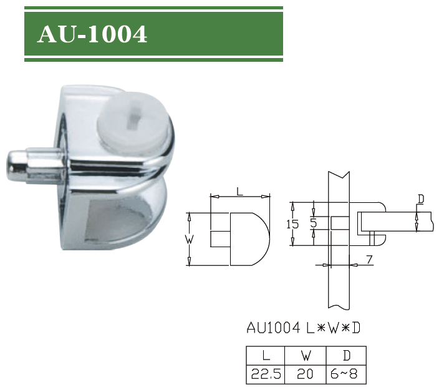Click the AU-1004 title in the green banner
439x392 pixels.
[x=92, y=35]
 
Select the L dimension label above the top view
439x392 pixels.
[x=239, y=191]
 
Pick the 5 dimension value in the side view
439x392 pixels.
[x=314, y=222]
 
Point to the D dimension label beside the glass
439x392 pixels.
[x=421, y=199]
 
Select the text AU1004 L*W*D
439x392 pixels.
[x=303, y=326]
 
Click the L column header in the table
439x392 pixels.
[x=266, y=356]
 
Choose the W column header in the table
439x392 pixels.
[x=306, y=356]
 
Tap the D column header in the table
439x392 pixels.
[x=346, y=356]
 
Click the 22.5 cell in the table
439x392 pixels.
[x=266, y=374]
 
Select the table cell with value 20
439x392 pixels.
[x=306, y=374]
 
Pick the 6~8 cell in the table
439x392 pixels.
[x=346, y=374]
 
